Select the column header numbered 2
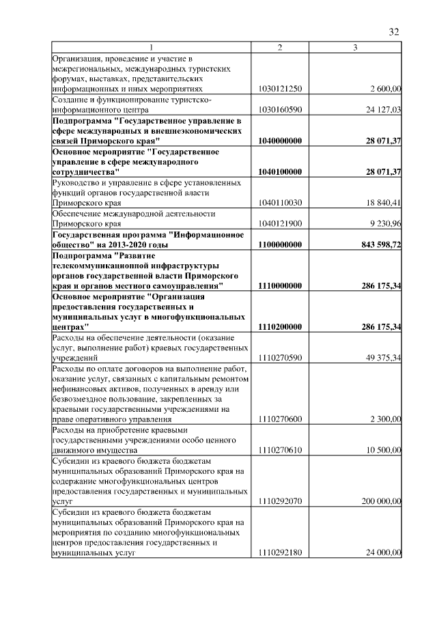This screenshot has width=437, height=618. coord(279,47)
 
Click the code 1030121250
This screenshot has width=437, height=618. coord(281,89)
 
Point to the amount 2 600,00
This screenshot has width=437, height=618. coord(385,89)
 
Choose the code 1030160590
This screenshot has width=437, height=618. coord(281,109)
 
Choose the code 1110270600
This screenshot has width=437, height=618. coord(281,419)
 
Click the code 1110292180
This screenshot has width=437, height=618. coord(281,554)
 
